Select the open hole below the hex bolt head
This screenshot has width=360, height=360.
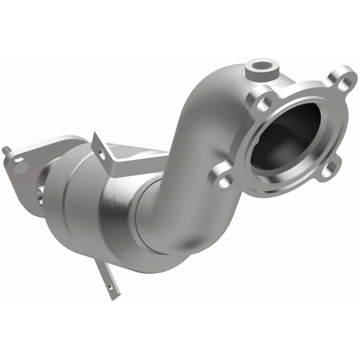pos(40,194)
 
